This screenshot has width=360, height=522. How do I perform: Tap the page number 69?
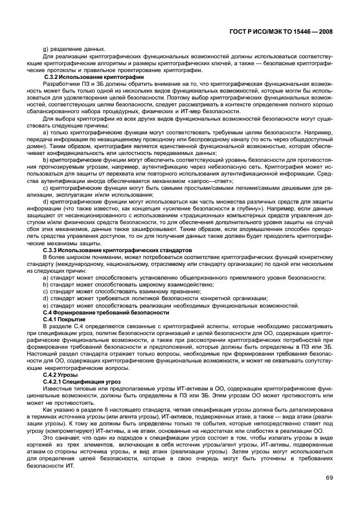pos(329,478)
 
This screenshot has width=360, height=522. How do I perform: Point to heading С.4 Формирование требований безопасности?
pos(106,313)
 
